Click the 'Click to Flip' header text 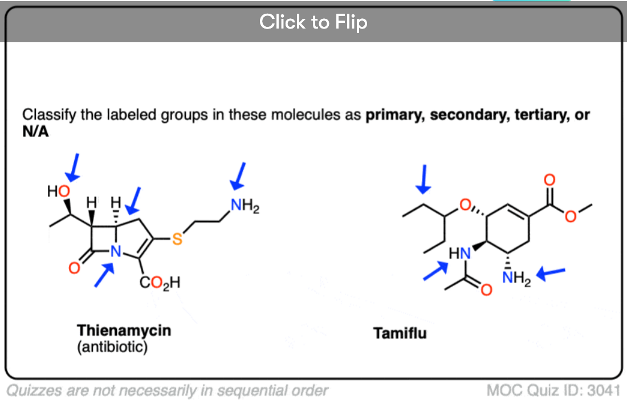tap(313, 22)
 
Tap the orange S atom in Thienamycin tap(177, 240)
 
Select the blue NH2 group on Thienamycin tap(245, 204)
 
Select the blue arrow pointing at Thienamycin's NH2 tap(239, 175)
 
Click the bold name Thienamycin tap(124, 330)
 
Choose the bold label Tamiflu tap(400, 333)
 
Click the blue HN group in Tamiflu tap(459, 252)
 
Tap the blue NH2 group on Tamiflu tap(516, 279)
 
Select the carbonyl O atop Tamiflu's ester tap(549, 179)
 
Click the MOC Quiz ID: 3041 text tap(553, 391)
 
